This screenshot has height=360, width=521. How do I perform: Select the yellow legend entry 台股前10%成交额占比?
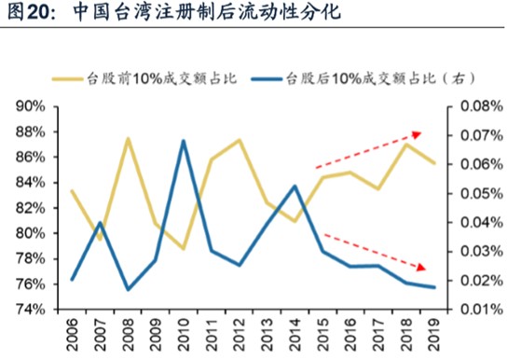pos(144,79)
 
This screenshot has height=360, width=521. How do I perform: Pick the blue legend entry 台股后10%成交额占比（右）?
pos(363,79)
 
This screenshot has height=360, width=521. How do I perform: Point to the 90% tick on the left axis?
pos(30,106)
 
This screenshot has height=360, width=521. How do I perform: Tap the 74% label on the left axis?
pos(30,310)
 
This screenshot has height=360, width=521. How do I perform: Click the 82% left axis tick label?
pos(30,208)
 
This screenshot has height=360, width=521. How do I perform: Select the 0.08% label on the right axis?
pos(482,106)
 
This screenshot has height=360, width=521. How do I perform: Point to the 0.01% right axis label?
pos(482,310)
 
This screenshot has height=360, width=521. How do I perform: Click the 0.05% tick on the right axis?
pos(482,193)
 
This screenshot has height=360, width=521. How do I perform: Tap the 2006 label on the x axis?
pos(72,335)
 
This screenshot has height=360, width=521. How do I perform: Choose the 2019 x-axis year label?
pos(433,335)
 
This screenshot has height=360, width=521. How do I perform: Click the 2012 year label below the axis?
pos(239,335)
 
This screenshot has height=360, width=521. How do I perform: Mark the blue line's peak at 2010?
pos(184,141)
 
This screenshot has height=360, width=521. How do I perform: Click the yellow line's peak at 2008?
pos(129,138)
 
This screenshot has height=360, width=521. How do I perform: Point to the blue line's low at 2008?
pos(129,289)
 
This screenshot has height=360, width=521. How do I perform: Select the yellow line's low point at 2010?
pos(183,248)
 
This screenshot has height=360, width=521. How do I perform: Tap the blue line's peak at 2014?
pos(295,187)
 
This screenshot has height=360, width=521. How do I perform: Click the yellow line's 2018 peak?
pos(406,145)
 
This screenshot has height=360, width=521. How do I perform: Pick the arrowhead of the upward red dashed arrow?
pos(418,134)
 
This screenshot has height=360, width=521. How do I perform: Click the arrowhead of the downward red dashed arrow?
pos(421,268)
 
